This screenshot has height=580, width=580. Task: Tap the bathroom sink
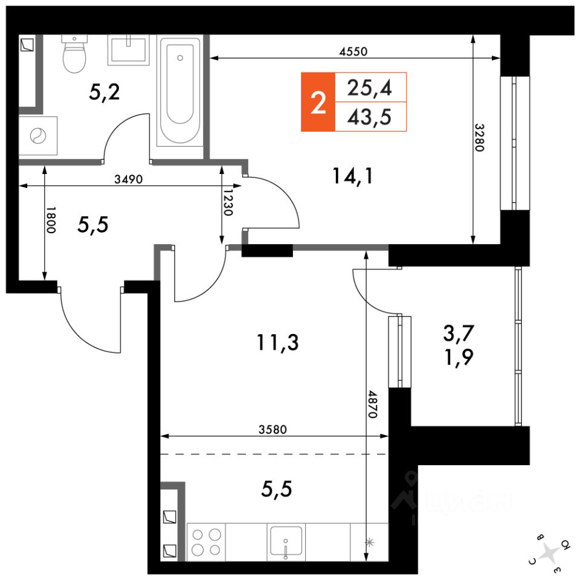128,50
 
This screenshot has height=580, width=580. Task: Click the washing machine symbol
38,136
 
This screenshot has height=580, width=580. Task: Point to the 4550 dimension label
353,51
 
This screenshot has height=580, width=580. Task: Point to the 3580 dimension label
272,430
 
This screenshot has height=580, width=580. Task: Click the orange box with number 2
318,102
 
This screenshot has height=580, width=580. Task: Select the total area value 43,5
369,117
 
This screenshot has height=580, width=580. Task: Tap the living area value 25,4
369,88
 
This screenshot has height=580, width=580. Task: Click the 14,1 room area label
353,176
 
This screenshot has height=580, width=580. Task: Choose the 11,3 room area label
277,343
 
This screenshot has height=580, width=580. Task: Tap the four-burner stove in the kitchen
205,541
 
